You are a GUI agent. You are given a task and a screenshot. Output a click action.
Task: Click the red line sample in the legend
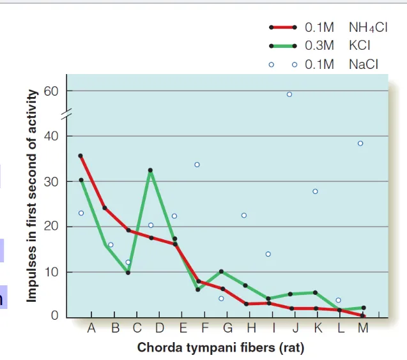pos(283,27)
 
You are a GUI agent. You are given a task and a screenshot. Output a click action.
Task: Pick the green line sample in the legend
pos(283,46)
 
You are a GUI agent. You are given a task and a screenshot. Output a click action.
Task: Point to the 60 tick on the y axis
pos(52,91)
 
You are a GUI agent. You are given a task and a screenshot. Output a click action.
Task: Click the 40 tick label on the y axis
pos(51,136)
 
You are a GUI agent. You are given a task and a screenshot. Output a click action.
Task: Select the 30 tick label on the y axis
pos(51,181)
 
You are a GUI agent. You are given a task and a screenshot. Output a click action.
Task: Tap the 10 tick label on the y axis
pos(51,272)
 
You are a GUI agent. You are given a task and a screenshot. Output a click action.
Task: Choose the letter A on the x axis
pos(91,329)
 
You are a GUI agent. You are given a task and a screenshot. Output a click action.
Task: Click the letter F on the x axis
pos(205,329)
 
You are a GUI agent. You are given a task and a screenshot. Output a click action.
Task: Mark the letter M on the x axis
pos(363,329)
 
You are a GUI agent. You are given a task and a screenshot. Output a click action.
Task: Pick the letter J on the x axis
pos(296,329)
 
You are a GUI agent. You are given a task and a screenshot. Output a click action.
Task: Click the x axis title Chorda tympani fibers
pos(220,348)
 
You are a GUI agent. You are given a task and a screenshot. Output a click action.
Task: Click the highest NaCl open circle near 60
pos(289,94)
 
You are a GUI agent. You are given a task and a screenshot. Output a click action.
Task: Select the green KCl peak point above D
pos(150,170)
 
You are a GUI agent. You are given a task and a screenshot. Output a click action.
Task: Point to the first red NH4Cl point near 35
pos(81,156)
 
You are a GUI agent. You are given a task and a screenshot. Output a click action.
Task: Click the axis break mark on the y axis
pos(66,114)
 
